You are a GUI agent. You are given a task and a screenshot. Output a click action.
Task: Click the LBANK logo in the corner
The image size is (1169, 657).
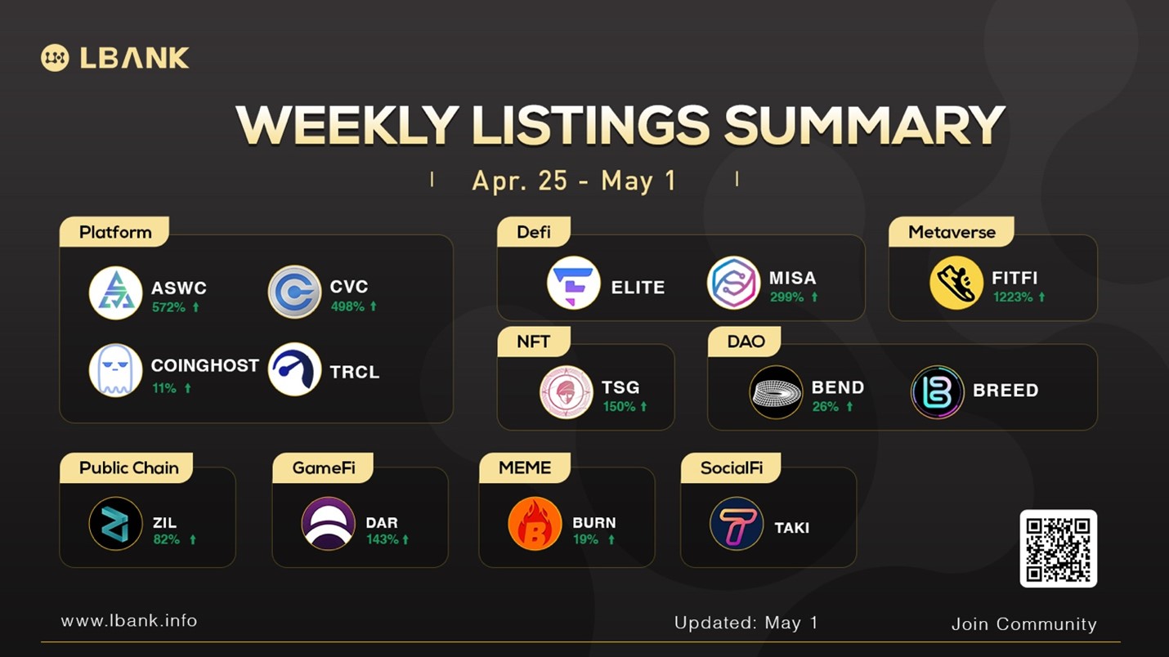pyautogui.click(x=114, y=57)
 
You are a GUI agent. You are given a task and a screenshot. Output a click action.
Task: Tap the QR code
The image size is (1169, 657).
pyautogui.click(x=1059, y=548)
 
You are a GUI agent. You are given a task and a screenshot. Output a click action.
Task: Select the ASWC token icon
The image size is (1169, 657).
pyautogui.click(x=115, y=293)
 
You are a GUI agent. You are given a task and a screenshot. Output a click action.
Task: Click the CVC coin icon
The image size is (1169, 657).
pyautogui.click(x=294, y=292)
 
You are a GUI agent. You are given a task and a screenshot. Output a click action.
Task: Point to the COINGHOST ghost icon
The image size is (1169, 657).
pyautogui.click(x=115, y=370)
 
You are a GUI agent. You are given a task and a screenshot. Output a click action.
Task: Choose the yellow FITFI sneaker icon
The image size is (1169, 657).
pyautogui.click(x=956, y=283)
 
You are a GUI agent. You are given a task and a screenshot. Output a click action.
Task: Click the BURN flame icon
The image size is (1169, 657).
pyautogui.click(x=535, y=524)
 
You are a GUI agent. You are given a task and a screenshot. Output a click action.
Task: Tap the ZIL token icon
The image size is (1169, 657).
pyautogui.click(x=115, y=524)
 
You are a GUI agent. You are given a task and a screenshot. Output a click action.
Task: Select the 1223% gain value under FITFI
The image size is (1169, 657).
pyautogui.click(x=1012, y=297)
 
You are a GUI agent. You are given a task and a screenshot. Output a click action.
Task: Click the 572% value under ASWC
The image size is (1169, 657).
pyautogui.click(x=168, y=307)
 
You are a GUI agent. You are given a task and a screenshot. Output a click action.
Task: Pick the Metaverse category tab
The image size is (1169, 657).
pyautogui.click(x=952, y=232)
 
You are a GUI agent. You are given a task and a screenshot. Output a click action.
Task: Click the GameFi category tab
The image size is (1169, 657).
pyautogui.click(x=323, y=467)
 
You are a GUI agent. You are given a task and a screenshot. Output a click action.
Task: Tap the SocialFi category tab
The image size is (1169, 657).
pyautogui.click(x=731, y=467)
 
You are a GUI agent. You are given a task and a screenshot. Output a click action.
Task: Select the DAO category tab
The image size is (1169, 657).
pyautogui.click(x=745, y=342)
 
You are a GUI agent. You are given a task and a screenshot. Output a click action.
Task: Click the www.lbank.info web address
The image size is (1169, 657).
pyautogui.click(x=129, y=621)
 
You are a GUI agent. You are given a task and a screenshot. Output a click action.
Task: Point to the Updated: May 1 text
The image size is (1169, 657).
pyautogui.click(x=746, y=623)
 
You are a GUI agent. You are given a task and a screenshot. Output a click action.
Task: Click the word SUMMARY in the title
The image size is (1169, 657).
pyautogui.click(x=864, y=125)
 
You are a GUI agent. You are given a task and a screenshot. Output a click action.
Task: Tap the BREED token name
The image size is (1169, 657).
pyautogui.click(x=1006, y=391)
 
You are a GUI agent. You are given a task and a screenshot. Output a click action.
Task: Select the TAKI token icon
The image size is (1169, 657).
pyautogui.click(x=737, y=524)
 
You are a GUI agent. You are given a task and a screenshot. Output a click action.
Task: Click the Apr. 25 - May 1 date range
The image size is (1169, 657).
pyautogui.click(x=574, y=181)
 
